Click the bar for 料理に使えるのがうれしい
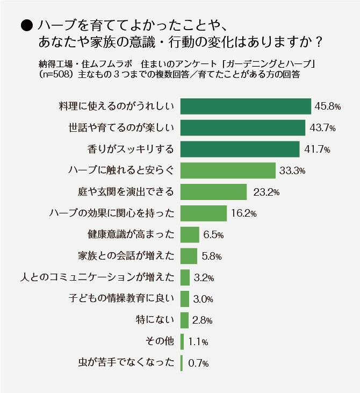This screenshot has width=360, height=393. [x=246, y=106]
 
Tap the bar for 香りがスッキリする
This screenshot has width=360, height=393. [x=240, y=149]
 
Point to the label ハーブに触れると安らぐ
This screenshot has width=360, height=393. [x=121, y=170]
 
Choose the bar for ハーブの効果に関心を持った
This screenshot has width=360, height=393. [x=204, y=213]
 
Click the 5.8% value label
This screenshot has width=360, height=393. [x=212, y=256]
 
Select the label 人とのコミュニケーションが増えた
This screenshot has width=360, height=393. [x=97, y=277]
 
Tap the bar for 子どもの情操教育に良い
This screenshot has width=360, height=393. [x=185, y=299]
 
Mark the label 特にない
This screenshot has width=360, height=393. [x=156, y=320]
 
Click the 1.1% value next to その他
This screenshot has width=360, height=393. [x=198, y=341]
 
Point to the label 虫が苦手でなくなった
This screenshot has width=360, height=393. [x=126, y=363]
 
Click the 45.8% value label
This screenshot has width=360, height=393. [x=328, y=106]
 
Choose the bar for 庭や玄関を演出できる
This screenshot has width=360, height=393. [x=213, y=192]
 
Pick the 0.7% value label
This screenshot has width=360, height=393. [x=198, y=363]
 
